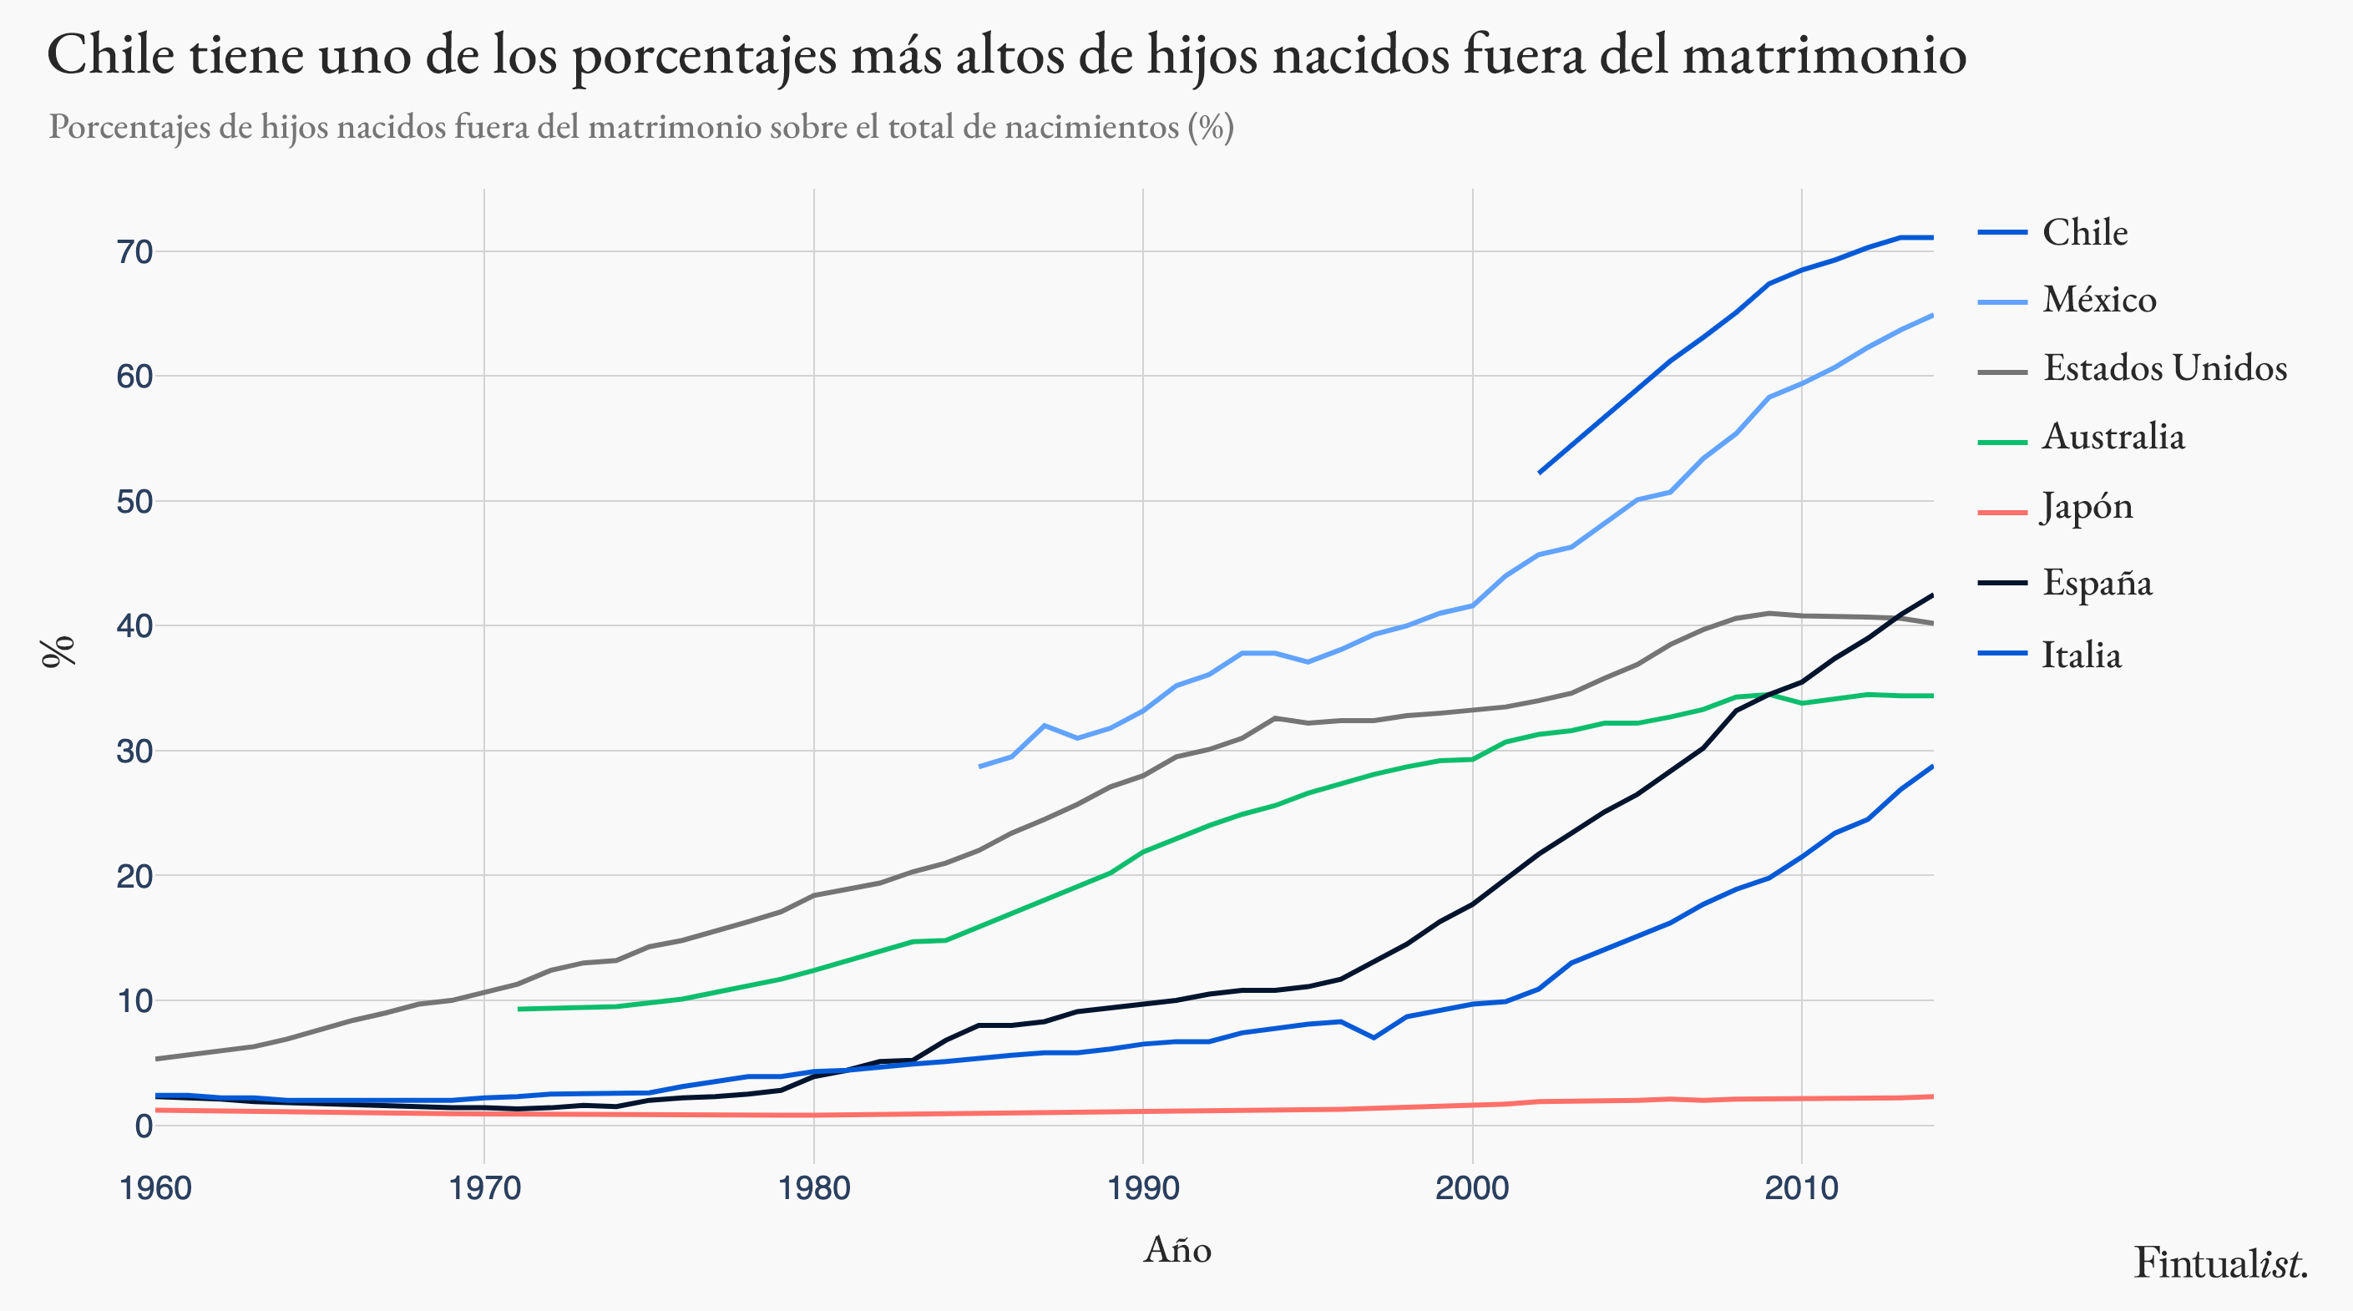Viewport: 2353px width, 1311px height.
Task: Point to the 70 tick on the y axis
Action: [x=134, y=251]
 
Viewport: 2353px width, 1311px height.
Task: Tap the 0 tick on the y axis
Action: [x=144, y=1126]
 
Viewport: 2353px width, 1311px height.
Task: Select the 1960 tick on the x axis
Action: [x=156, y=1188]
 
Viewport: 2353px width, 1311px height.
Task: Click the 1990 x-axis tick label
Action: [x=1143, y=1188]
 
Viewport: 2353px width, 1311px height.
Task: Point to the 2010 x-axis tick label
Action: [x=1800, y=1188]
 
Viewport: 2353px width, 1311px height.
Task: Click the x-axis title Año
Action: [x=1176, y=1249]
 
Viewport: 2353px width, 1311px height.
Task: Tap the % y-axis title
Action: [x=58, y=651]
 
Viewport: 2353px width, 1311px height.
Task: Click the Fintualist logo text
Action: [x=2220, y=1263]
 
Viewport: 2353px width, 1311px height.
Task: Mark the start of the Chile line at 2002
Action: [x=1539, y=473]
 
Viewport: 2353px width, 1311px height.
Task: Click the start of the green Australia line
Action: [x=519, y=1009]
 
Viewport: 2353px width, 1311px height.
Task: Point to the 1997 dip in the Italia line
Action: [x=1374, y=1038]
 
